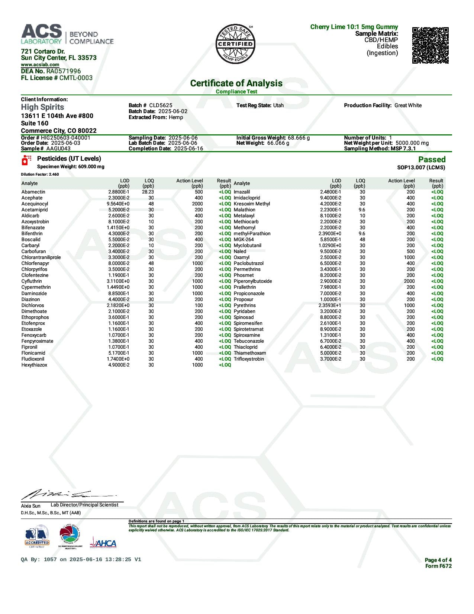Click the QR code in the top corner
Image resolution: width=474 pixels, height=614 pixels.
(430, 45)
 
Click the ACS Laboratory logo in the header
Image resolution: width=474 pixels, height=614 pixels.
(67, 34)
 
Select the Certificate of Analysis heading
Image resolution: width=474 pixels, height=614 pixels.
(236, 83)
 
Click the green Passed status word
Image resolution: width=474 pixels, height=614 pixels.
(432, 160)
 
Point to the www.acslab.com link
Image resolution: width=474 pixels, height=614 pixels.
(40, 65)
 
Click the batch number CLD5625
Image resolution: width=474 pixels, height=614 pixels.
(161, 105)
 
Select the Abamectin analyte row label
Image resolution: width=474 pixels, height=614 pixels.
(33, 192)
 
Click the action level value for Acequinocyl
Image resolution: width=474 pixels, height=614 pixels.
(197, 204)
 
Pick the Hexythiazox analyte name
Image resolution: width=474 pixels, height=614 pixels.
(34, 365)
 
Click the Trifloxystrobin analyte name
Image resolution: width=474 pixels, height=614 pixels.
(249, 359)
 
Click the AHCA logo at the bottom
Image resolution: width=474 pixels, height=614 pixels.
(103, 543)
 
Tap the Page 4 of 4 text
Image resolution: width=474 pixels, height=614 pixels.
(438, 560)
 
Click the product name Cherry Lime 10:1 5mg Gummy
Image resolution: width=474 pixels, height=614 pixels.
(354, 27)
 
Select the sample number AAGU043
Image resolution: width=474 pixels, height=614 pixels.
(58, 148)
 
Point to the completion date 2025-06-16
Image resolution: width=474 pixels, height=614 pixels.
(188, 148)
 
